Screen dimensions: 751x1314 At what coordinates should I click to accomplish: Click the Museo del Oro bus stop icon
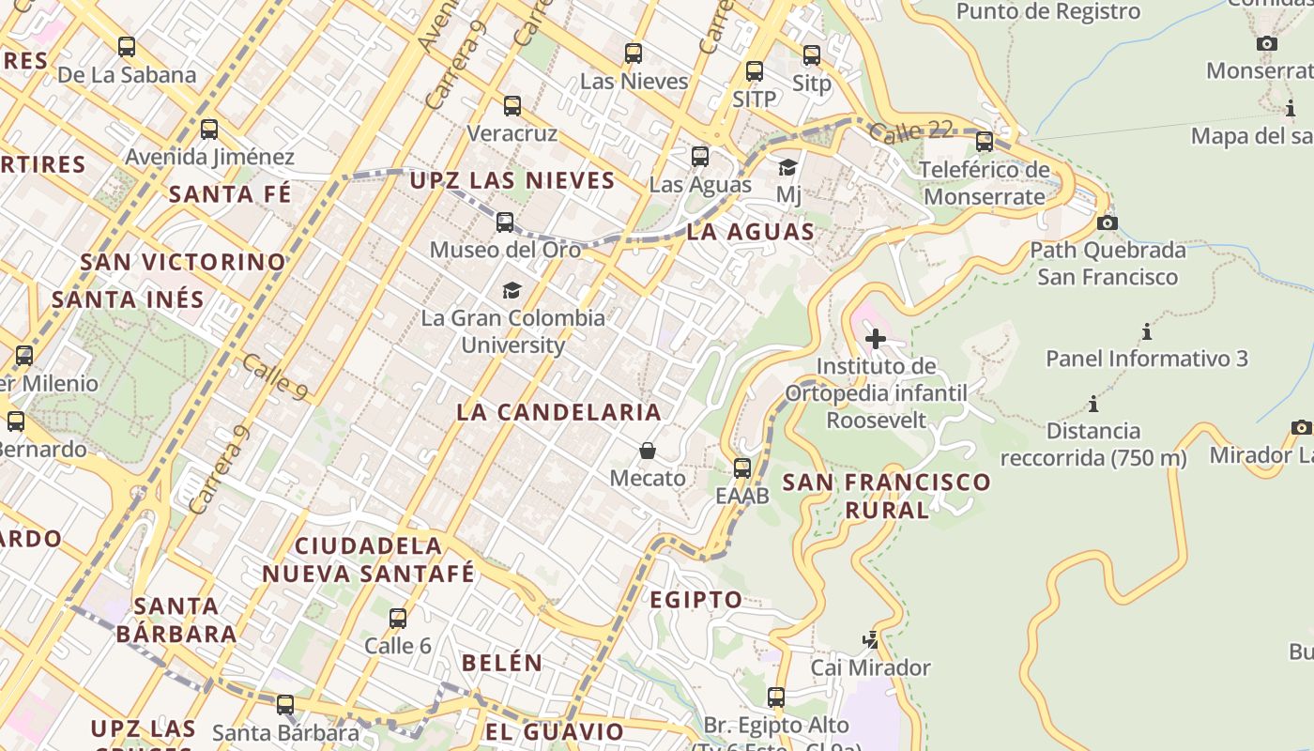(x=505, y=222)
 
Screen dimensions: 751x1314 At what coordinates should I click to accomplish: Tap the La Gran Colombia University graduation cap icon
(x=512, y=290)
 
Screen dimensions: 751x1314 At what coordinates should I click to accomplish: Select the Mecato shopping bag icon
(x=648, y=451)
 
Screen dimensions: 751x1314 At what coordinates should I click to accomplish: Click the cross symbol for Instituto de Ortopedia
(x=876, y=338)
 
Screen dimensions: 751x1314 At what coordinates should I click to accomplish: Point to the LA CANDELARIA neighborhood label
(x=559, y=412)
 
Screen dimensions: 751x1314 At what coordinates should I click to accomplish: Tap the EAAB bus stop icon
(x=742, y=467)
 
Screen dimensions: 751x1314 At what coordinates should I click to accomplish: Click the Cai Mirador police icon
(x=871, y=640)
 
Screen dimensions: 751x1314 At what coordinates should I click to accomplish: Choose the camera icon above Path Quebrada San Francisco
(x=1108, y=222)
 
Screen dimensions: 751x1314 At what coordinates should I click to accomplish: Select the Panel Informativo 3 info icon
(x=1147, y=331)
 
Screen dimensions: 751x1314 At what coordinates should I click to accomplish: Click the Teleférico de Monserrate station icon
(x=985, y=142)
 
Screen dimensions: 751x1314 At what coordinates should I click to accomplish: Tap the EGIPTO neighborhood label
(x=696, y=600)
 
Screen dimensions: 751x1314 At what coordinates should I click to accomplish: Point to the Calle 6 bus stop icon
(x=398, y=618)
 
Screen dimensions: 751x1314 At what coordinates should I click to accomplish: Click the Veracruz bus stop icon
(x=512, y=106)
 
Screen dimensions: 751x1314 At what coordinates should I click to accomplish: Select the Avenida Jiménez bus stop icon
(x=209, y=130)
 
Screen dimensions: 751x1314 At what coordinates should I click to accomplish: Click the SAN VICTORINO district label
(x=183, y=262)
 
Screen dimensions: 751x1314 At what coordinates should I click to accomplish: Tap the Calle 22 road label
(x=910, y=132)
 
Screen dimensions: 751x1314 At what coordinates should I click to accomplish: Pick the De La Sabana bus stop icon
(x=127, y=47)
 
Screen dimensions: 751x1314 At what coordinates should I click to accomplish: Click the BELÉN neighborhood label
(x=502, y=663)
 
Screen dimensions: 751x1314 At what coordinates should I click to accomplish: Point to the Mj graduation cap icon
(x=788, y=168)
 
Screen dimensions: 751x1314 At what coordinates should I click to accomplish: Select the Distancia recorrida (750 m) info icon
(x=1093, y=405)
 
